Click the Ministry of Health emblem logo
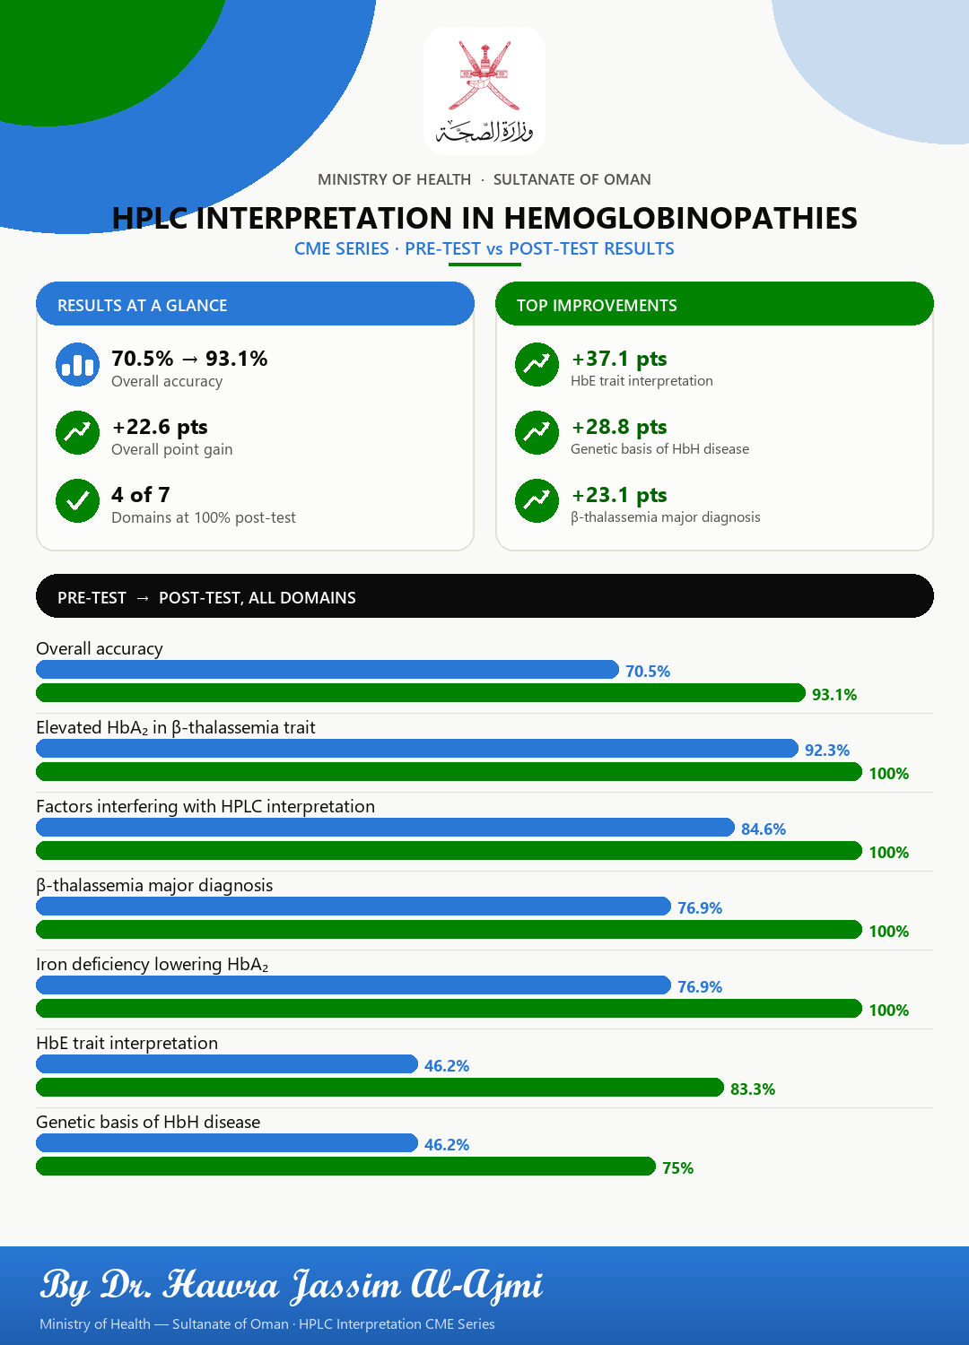(x=484, y=91)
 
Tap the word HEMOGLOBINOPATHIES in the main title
(x=680, y=218)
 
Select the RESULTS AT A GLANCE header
(x=143, y=305)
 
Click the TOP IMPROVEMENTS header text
(x=597, y=305)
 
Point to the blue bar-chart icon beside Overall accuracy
(x=77, y=364)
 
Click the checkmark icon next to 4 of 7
(x=77, y=500)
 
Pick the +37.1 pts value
(x=619, y=359)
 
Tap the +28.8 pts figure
(x=619, y=427)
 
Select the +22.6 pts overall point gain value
(x=160, y=427)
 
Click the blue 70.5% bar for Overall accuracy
(x=327, y=670)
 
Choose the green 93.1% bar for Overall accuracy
(x=421, y=693)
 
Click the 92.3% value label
(x=827, y=750)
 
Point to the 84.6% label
(x=764, y=829)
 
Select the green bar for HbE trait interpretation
(x=380, y=1088)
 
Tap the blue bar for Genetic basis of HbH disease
(x=226, y=1142)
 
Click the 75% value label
(x=677, y=1167)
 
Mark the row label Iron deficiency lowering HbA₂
(x=152, y=964)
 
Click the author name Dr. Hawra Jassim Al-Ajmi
(x=321, y=1286)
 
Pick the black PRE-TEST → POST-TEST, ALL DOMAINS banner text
(x=206, y=597)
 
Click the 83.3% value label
(x=753, y=1089)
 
